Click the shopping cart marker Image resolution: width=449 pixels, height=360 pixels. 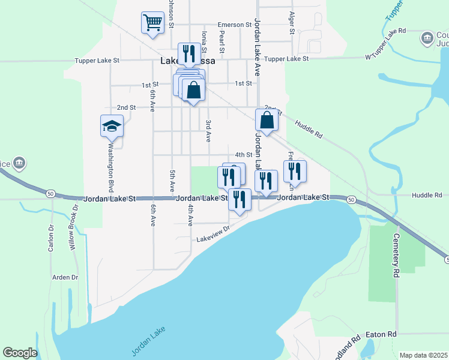(152, 23)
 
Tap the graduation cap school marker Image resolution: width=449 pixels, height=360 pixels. (112, 126)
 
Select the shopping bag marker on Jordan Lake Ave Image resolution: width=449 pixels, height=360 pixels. (267, 120)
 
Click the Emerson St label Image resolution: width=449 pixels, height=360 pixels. (234, 25)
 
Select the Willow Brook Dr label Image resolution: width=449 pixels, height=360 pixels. (73, 229)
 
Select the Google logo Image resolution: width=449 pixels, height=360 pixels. (20, 353)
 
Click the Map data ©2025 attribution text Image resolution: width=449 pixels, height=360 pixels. (424, 355)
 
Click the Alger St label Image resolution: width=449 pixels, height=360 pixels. (292, 22)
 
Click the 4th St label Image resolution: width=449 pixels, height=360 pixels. (243, 154)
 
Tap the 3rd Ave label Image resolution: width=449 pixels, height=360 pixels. (208, 130)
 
